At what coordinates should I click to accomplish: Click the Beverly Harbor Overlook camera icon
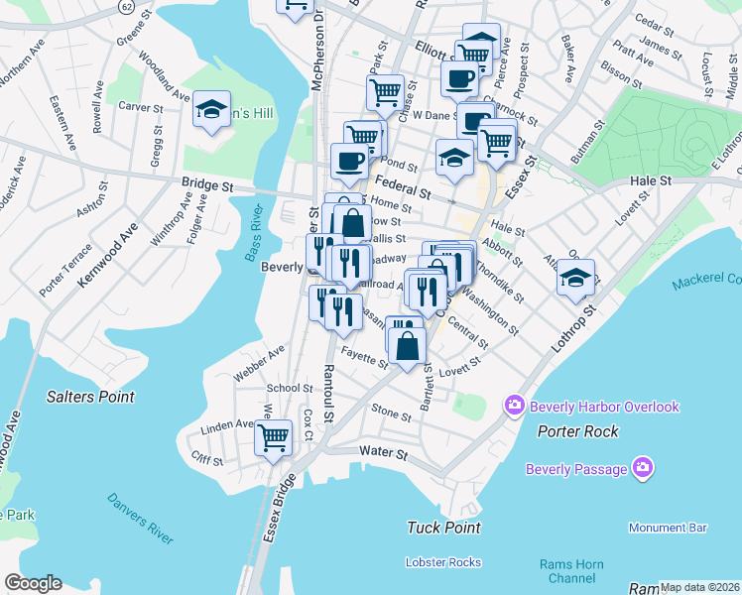point(515,406)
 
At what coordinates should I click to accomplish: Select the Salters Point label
point(89,397)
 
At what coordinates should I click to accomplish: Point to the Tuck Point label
point(443,528)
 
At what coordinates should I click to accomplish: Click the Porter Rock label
point(578,431)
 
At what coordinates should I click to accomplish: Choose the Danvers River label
point(140,518)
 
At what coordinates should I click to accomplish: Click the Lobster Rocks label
point(443,562)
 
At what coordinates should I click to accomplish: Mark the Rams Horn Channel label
point(571,571)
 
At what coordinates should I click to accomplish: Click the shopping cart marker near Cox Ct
point(273,437)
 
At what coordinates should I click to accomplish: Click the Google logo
point(33,583)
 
